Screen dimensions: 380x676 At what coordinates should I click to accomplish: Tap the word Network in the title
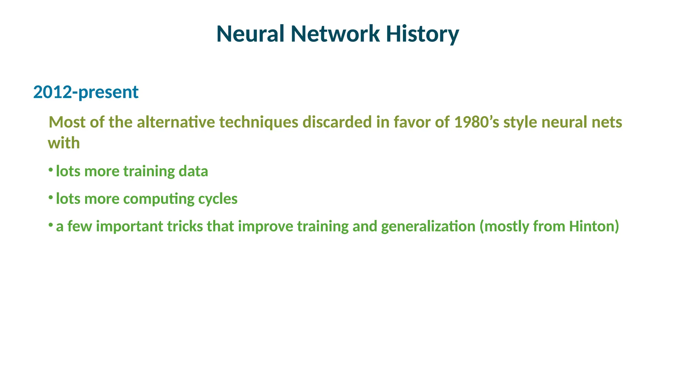click(335, 34)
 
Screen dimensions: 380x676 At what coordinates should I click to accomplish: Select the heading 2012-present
click(86, 92)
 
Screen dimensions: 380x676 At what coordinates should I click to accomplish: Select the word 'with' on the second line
click(64, 143)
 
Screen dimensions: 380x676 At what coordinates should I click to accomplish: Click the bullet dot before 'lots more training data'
click(51, 170)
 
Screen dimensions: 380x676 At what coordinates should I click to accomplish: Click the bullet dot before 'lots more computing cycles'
click(51, 197)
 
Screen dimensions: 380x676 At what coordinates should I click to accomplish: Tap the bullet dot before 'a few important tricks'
click(51, 225)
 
